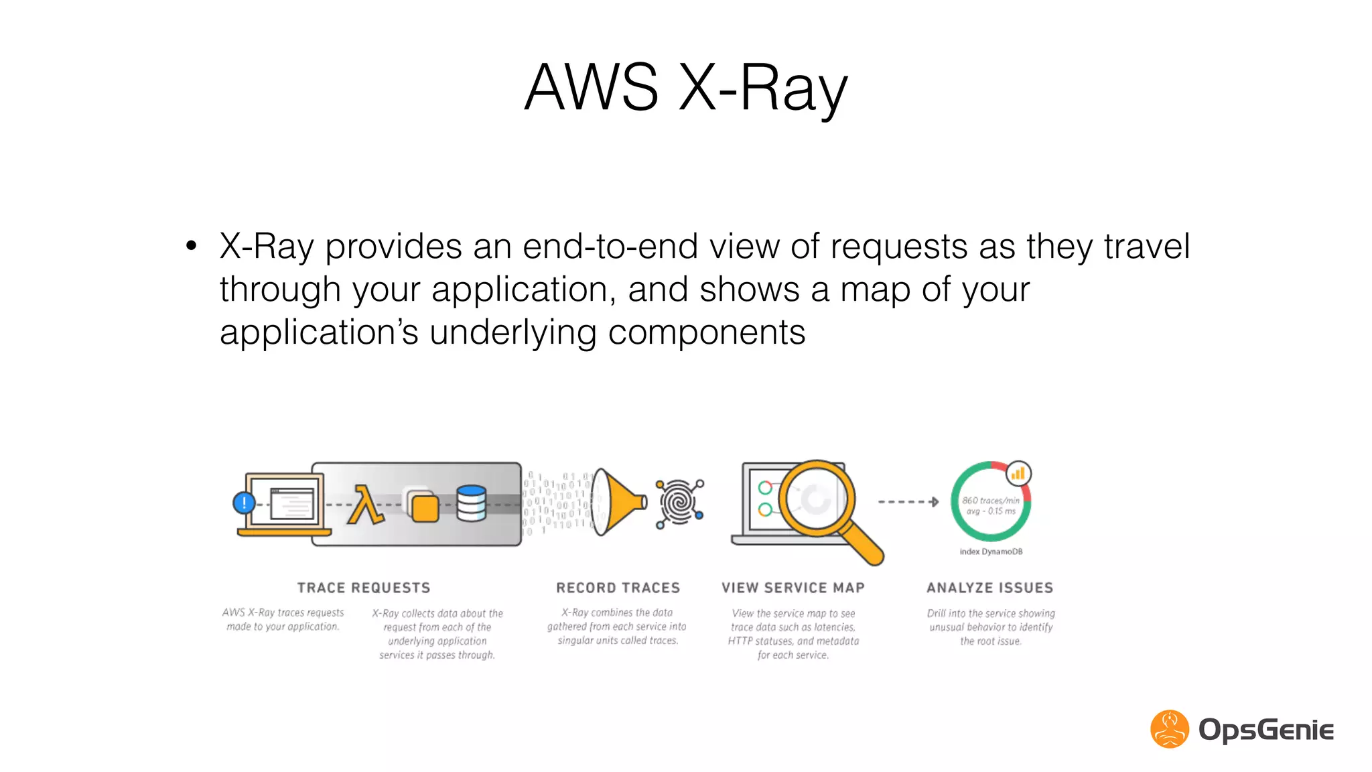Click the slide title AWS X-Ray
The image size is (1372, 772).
click(x=686, y=87)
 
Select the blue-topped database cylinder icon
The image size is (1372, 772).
click(x=471, y=504)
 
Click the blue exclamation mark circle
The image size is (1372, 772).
click(x=245, y=503)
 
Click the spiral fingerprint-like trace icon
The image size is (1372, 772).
click(x=679, y=503)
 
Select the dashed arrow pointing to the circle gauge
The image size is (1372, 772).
click(x=908, y=502)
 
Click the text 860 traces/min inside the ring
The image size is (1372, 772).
click(x=991, y=501)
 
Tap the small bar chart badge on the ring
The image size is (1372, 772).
click(x=1018, y=474)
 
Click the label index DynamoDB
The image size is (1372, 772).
click(x=991, y=552)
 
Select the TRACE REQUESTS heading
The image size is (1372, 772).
click(x=364, y=588)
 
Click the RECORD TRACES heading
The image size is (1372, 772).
click(x=618, y=588)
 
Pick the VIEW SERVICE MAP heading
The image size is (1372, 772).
click(x=793, y=588)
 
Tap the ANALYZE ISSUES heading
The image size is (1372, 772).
click(x=990, y=588)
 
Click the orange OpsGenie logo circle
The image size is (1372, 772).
click(x=1170, y=729)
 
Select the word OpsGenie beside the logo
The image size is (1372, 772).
click(x=1266, y=730)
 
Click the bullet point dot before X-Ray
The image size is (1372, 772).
click(x=192, y=246)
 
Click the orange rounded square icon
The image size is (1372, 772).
click(x=425, y=509)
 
